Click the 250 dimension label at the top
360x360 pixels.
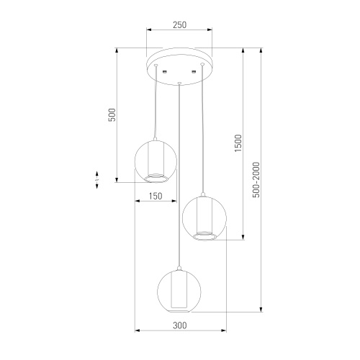pos(180,25)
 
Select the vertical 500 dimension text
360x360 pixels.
pos(112,114)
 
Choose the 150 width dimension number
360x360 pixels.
pos(155,195)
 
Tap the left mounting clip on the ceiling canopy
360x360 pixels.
pos(165,71)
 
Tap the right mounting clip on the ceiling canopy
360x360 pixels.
pos(194,71)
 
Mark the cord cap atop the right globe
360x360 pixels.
pos(204,193)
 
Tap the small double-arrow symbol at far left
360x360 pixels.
pos(98,179)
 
